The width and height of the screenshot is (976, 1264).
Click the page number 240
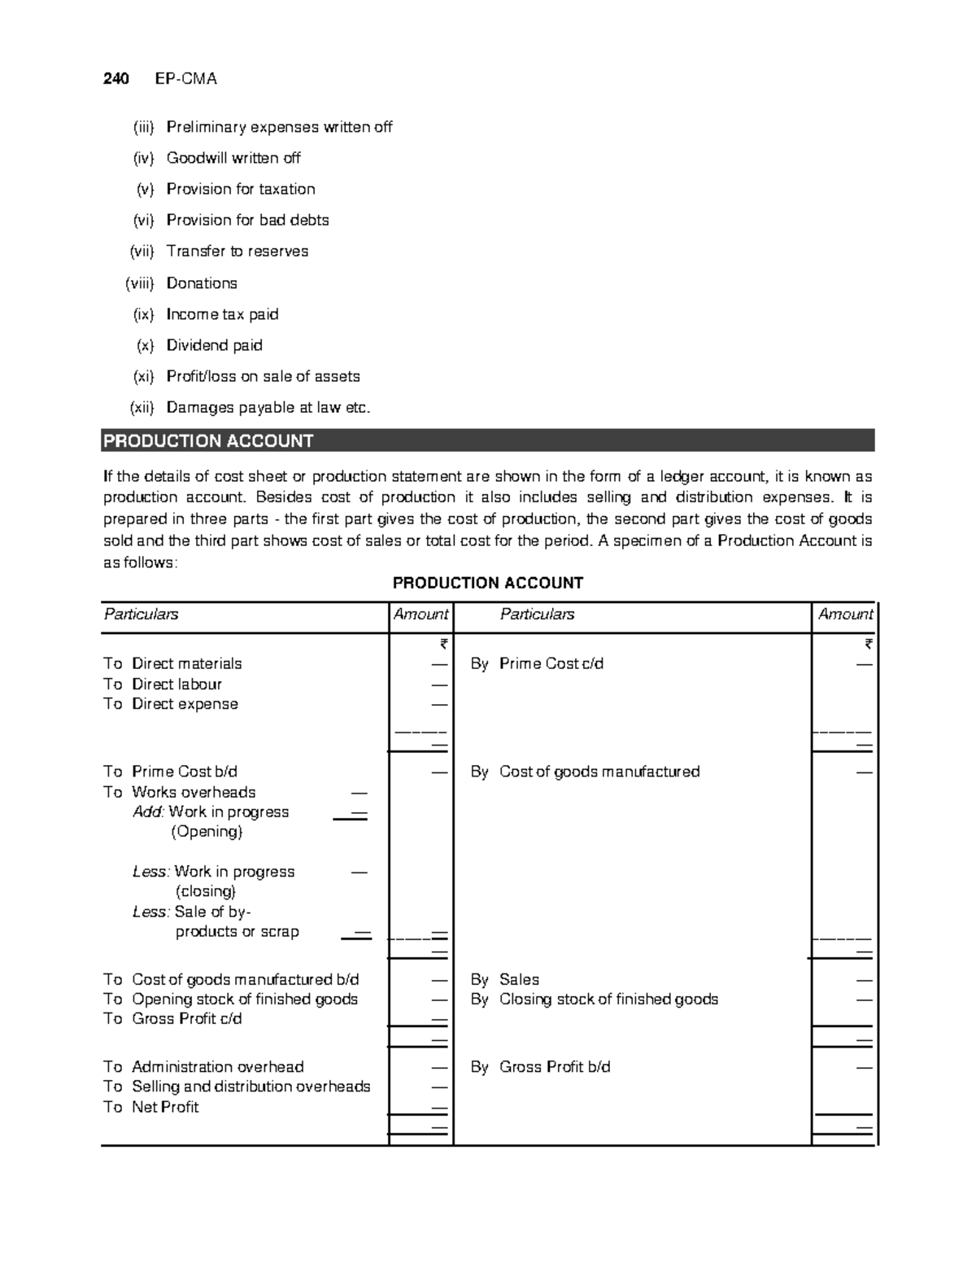[x=115, y=79]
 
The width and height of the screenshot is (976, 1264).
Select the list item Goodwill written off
[x=233, y=158]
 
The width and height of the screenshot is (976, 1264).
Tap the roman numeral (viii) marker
[x=140, y=283]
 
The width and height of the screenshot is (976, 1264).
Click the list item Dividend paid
[x=214, y=345]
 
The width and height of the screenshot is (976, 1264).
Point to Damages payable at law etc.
[x=268, y=408]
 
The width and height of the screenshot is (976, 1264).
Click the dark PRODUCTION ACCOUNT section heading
[x=208, y=441]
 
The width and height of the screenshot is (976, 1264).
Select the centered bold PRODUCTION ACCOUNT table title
[x=487, y=583]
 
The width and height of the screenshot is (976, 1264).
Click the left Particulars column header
[x=141, y=615]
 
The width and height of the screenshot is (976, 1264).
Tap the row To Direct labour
[x=163, y=684]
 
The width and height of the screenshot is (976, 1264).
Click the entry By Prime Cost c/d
[x=537, y=664]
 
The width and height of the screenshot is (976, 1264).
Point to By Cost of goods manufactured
[x=585, y=772]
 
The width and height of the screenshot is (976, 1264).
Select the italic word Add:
[x=149, y=812]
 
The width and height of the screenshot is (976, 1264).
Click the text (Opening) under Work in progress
[x=207, y=832]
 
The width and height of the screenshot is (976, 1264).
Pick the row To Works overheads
[x=180, y=792]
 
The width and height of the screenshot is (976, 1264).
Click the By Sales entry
[x=505, y=980]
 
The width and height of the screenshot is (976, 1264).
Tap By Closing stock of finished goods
[x=594, y=999]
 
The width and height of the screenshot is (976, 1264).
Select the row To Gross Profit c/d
[x=172, y=1019]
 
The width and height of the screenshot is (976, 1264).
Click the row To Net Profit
[x=151, y=1107]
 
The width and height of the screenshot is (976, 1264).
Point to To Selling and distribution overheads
[x=237, y=1087]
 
